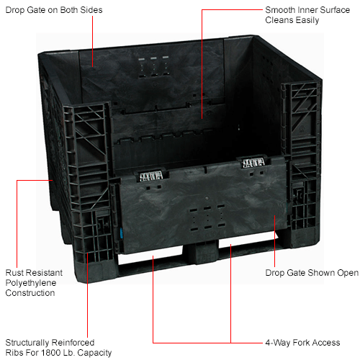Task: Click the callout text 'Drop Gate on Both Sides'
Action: coord(54,10)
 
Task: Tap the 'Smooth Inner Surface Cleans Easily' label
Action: coord(307,15)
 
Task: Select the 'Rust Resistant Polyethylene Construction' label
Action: coord(34,283)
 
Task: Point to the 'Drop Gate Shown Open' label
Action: coord(312,273)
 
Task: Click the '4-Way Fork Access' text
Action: coord(302,343)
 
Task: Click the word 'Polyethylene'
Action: coord(31,283)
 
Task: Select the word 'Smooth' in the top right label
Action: coord(280,10)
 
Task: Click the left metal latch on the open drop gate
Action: coord(151,176)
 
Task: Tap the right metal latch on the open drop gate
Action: coord(253,163)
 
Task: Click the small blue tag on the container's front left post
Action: coord(121,233)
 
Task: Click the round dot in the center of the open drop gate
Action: coord(207,198)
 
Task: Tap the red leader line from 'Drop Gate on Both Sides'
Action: coord(93,41)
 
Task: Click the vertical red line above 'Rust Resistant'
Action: coord(17,224)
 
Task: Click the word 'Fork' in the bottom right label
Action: coord(302,343)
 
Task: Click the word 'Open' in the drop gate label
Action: coord(348,274)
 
